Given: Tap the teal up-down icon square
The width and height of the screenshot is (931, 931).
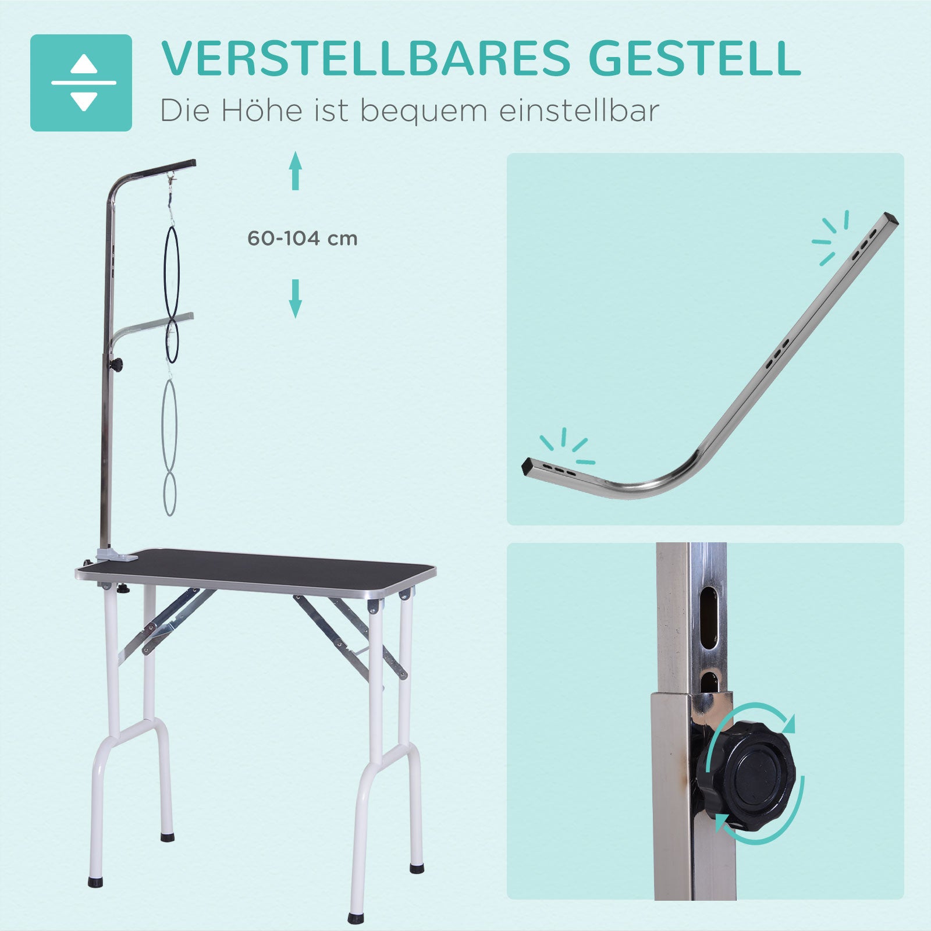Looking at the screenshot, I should [x=81, y=83].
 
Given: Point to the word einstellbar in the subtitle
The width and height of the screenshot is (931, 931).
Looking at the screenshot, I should [x=579, y=110].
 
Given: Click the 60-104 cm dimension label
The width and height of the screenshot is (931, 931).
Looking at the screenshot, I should [x=302, y=239].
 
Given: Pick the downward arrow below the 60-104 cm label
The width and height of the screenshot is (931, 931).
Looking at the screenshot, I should [x=296, y=299].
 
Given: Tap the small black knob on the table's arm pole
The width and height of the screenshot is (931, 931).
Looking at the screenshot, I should [x=118, y=365].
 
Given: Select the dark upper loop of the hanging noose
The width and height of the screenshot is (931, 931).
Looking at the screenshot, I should [x=172, y=272].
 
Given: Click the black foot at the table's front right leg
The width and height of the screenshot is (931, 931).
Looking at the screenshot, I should [x=355, y=918].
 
